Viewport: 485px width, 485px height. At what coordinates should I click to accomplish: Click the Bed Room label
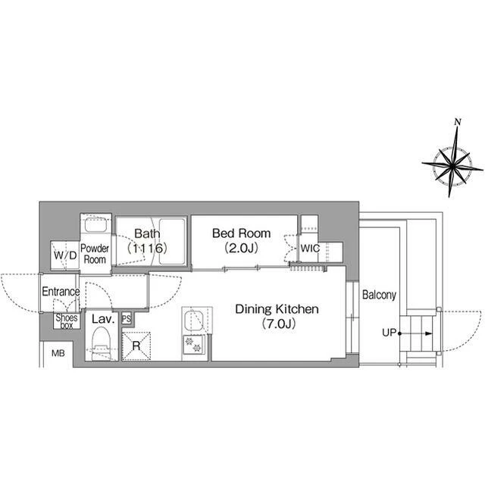(x=241, y=233)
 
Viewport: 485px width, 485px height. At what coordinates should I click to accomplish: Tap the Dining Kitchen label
(x=277, y=309)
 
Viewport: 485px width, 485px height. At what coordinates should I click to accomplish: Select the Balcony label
(x=379, y=295)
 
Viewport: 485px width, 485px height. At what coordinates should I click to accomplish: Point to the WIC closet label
(x=310, y=248)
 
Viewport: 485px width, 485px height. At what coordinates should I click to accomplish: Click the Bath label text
(x=147, y=233)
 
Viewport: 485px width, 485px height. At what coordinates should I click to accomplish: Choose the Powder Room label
(x=95, y=254)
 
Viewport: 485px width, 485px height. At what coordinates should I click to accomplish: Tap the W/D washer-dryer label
(x=65, y=255)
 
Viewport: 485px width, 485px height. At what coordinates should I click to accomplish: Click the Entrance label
(x=61, y=291)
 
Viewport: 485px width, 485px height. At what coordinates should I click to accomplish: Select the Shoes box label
(x=67, y=321)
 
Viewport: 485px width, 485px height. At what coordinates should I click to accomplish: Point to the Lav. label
(x=103, y=319)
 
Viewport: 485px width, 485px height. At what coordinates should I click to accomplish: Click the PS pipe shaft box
(x=127, y=318)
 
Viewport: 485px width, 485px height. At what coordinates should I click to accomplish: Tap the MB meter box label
(x=58, y=353)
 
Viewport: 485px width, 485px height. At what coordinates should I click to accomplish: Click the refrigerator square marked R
(x=136, y=346)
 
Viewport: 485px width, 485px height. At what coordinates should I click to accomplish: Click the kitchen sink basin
(x=194, y=321)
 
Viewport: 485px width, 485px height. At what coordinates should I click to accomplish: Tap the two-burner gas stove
(x=193, y=345)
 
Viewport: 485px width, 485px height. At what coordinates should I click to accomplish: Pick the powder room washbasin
(x=96, y=225)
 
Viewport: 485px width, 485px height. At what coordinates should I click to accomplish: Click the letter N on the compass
(x=458, y=122)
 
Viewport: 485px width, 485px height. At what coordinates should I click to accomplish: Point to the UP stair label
(x=389, y=333)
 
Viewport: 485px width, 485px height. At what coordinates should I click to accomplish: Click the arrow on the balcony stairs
(x=416, y=333)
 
